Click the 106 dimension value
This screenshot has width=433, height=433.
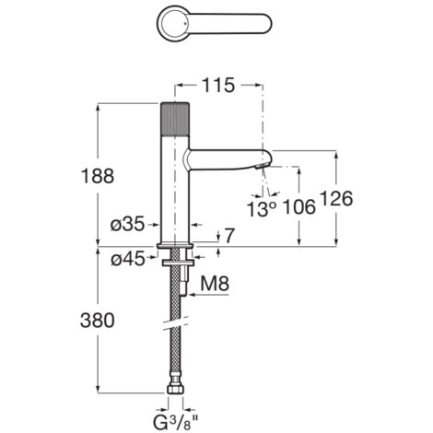pos(297,208)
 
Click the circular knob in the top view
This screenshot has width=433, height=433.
pos(173,19)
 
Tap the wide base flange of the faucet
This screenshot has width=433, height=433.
pos(175,244)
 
